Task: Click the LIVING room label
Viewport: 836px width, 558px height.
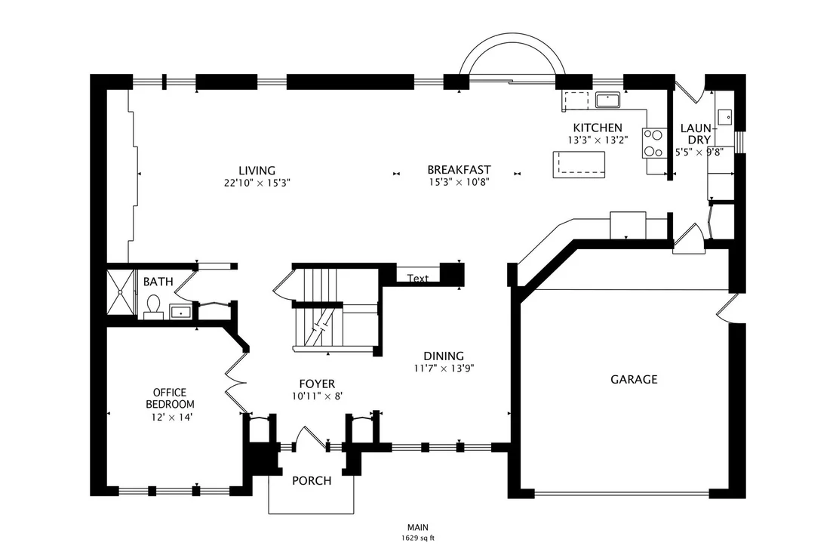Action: click(257, 171)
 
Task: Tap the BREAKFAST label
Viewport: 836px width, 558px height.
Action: click(459, 170)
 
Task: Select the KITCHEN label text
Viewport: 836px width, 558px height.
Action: click(598, 128)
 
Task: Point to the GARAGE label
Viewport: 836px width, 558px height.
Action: click(634, 379)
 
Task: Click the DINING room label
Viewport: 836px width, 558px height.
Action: click(444, 356)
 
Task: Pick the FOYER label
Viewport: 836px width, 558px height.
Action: click(317, 384)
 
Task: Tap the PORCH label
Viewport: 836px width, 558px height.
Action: click(312, 481)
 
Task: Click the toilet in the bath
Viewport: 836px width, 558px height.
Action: click(154, 307)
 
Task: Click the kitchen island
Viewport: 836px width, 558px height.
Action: click(579, 165)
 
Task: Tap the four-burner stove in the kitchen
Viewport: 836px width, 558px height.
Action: click(653, 143)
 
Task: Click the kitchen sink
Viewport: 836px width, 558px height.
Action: click(607, 100)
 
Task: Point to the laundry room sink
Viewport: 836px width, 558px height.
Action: click(724, 116)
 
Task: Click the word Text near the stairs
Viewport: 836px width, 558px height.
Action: click(418, 278)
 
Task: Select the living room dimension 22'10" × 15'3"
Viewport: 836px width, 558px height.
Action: click(257, 183)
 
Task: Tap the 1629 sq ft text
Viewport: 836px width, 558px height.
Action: click(418, 538)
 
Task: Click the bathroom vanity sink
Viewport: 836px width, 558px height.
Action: click(180, 312)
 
